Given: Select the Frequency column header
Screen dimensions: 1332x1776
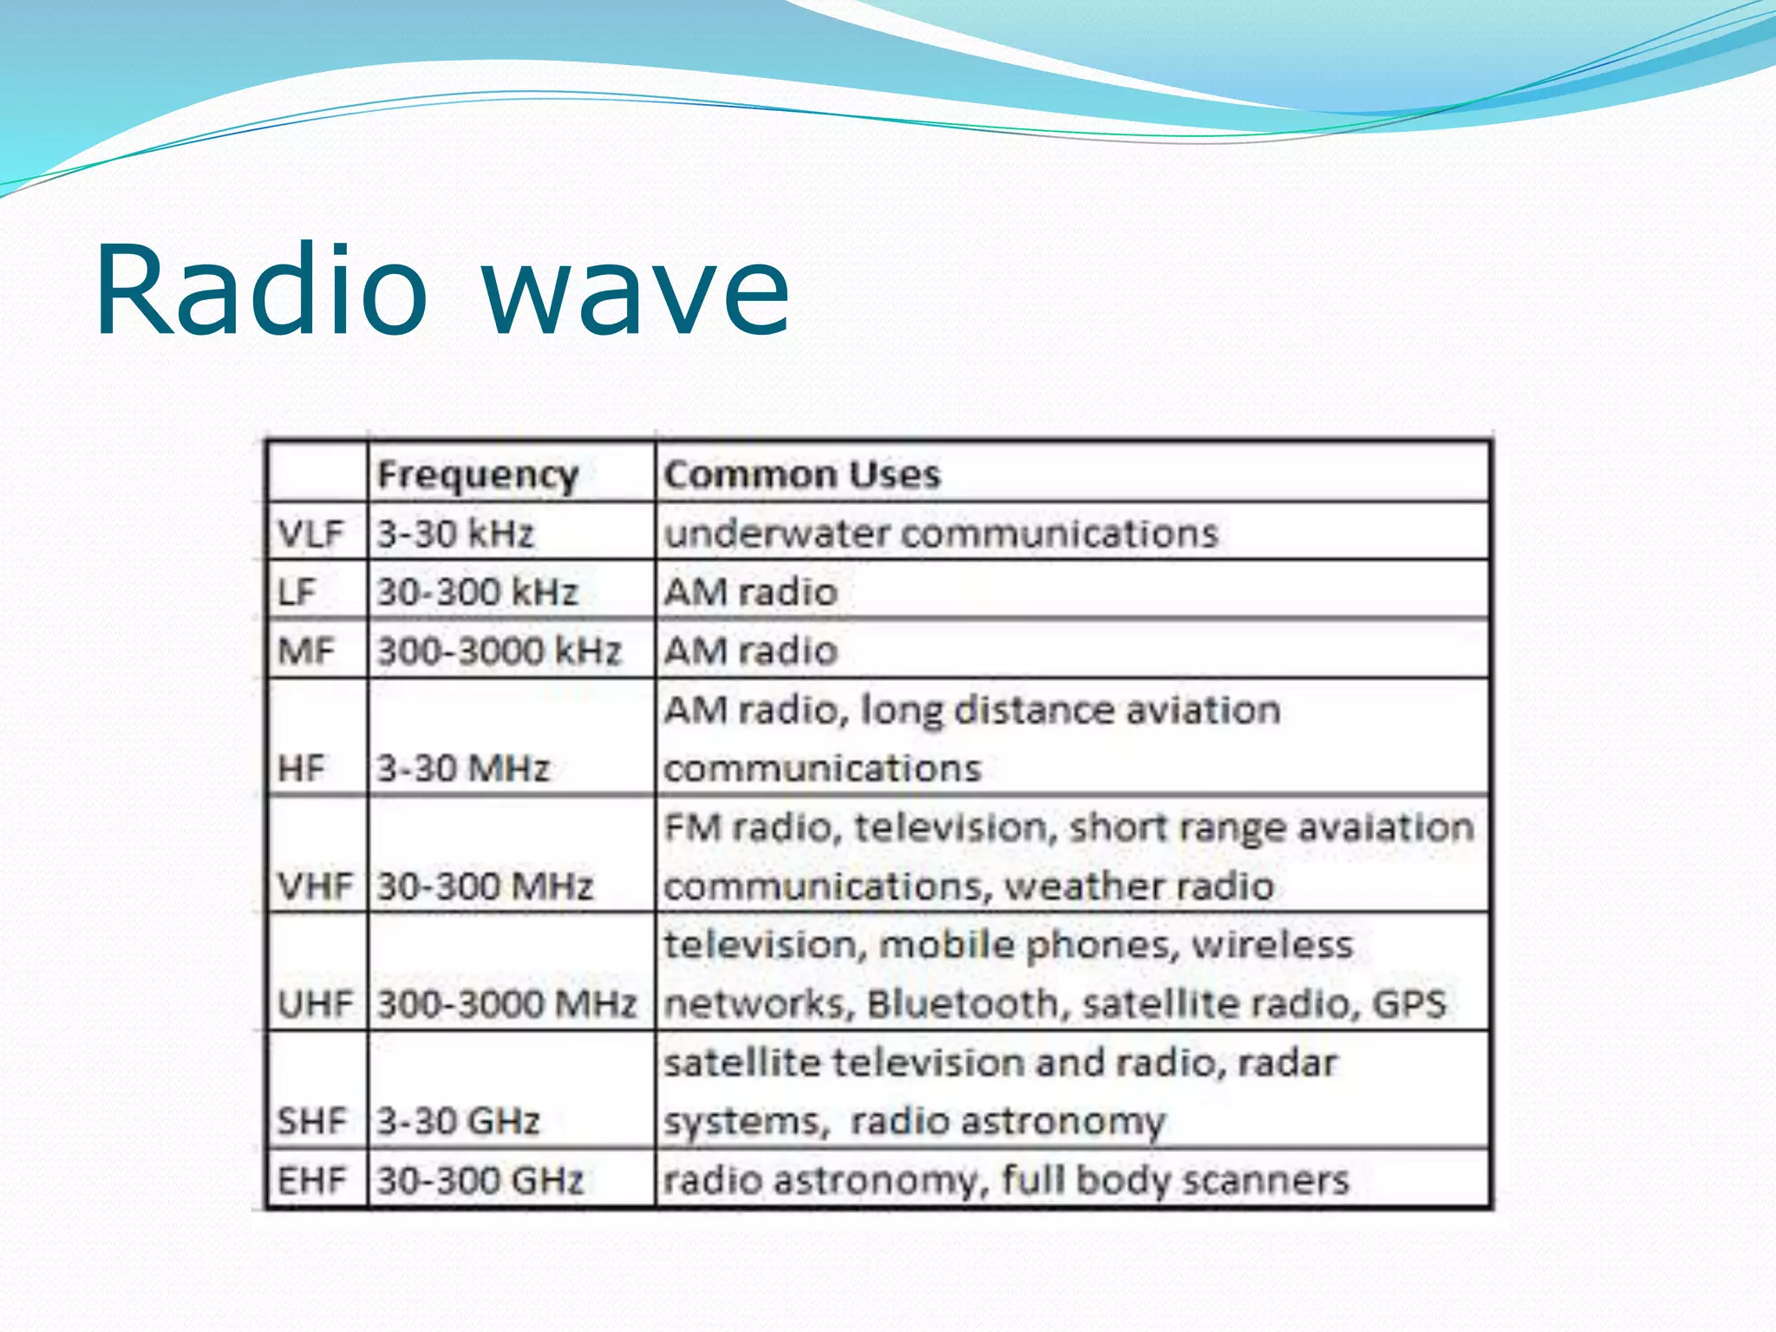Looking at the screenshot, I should click(x=478, y=474).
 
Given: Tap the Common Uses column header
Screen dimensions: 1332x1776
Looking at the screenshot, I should click(x=801, y=474).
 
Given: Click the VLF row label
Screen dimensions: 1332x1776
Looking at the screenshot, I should click(x=310, y=532).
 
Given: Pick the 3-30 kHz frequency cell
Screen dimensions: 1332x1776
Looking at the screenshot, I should click(x=455, y=532).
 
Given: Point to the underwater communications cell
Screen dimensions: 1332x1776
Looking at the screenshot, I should click(x=941, y=532).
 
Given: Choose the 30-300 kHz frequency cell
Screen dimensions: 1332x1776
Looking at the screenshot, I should click(x=477, y=591).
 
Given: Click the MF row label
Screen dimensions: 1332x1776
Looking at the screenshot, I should click(x=305, y=650).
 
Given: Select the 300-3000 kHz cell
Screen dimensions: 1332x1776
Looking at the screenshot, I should click(x=499, y=650).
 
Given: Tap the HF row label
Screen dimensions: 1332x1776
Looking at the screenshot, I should click(x=301, y=768).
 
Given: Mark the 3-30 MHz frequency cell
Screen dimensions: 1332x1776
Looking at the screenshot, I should click(x=463, y=768).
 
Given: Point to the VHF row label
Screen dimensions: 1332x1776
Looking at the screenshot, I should click(x=315, y=886).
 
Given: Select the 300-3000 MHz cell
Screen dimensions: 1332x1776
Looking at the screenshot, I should click(x=507, y=1003).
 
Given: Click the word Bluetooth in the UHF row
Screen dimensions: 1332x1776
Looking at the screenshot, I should click(x=963, y=1003).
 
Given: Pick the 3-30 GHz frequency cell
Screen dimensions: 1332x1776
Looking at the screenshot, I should click(x=458, y=1121).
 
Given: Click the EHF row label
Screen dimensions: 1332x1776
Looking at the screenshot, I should click(x=310, y=1180).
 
